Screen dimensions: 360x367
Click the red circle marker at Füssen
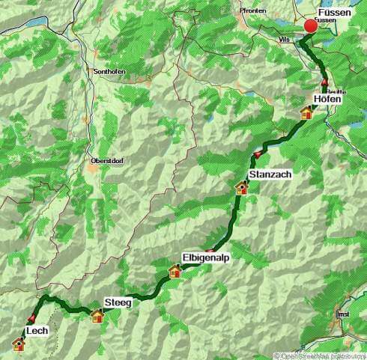click(x=311, y=26)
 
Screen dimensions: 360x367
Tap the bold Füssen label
click(x=333, y=13)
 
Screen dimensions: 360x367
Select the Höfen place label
click(x=327, y=99)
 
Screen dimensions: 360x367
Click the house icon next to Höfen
click(x=306, y=113)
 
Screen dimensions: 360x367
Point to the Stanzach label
click(x=268, y=174)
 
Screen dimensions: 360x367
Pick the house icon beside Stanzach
click(x=242, y=188)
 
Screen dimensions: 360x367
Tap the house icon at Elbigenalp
click(x=175, y=271)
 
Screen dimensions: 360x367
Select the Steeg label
click(x=119, y=302)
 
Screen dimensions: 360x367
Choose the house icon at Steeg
click(x=97, y=316)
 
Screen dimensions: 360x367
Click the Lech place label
click(x=37, y=330)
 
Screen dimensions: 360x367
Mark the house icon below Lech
click(x=19, y=344)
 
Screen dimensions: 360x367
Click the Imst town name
click(x=344, y=314)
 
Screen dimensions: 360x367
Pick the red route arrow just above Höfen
click(x=324, y=82)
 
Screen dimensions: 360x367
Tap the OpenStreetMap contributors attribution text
click(x=320, y=356)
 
